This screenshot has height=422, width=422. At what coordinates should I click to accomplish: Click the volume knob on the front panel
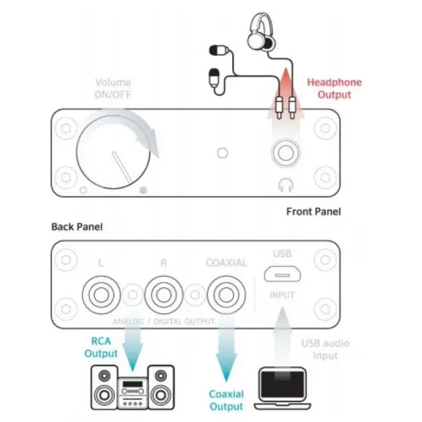(113, 152)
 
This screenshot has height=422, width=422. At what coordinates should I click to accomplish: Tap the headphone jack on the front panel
(285, 153)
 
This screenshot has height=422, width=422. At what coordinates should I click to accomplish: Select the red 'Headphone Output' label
(334, 88)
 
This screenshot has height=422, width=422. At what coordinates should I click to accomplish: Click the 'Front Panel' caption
(314, 212)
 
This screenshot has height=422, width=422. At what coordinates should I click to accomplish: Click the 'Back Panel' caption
(77, 226)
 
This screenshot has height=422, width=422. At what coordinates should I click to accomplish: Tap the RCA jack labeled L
(101, 295)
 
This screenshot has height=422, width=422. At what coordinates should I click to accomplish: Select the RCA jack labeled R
(164, 295)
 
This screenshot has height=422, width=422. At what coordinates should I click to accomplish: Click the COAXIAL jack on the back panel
(226, 295)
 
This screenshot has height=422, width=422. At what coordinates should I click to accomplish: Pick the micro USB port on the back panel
(282, 274)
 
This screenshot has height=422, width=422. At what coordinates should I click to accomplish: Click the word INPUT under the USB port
(282, 295)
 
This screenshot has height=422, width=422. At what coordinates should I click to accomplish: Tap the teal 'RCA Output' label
(101, 347)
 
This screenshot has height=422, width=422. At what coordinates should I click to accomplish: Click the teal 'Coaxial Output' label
(226, 400)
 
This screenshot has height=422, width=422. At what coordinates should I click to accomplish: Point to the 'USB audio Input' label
(325, 349)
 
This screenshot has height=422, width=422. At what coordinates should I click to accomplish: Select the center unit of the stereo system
(132, 392)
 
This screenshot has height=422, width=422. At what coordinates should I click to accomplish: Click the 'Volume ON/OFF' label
(113, 88)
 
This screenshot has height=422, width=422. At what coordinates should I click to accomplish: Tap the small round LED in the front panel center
(223, 153)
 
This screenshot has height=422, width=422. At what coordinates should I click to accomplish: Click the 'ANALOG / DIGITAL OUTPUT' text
(164, 321)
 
